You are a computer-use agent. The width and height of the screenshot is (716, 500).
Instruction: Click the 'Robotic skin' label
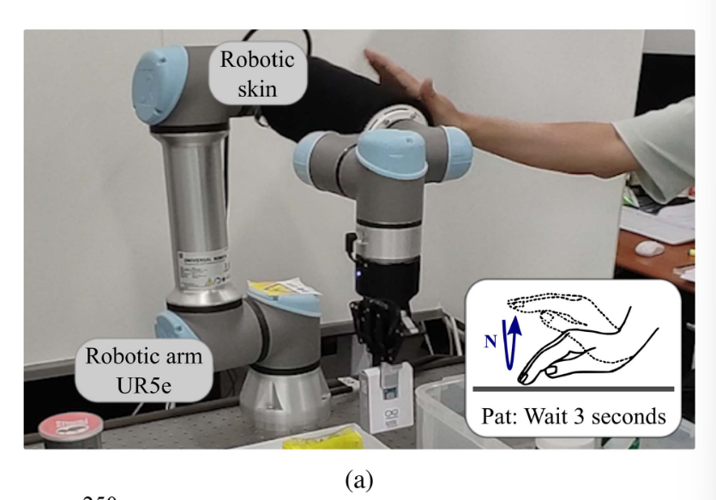coord(256,74)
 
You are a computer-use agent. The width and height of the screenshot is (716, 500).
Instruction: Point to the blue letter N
coord(490,340)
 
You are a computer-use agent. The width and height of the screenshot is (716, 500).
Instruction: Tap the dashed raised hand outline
coord(557,309)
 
